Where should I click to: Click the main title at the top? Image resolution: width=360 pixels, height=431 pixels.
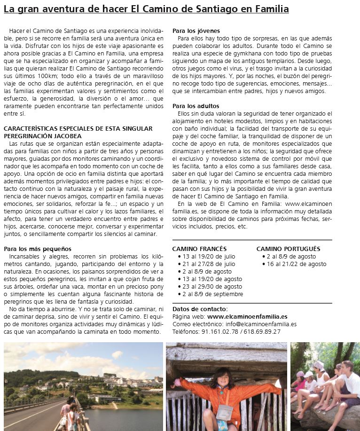point(146,9)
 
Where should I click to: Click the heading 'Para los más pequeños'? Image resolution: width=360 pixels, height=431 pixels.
point(38,249)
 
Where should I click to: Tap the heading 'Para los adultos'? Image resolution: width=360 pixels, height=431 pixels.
point(196,106)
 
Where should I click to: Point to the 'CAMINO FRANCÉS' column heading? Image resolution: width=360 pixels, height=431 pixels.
point(199,249)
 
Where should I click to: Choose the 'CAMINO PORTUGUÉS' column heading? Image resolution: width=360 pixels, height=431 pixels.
point(288,249)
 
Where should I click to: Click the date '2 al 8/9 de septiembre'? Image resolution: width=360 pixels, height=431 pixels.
point(211,294)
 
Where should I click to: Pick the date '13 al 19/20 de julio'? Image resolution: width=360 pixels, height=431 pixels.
point(209,257)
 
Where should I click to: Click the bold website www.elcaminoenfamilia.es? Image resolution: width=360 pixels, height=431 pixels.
point(247,317)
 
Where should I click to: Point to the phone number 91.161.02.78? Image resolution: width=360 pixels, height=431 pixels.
point(219,332)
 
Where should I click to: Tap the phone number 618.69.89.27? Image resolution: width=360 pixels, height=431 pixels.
point(262,332)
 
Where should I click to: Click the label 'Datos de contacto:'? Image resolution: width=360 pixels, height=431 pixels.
point(200,309)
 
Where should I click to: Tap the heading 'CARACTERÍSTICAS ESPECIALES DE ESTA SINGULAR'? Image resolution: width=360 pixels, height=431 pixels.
point(78,129)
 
